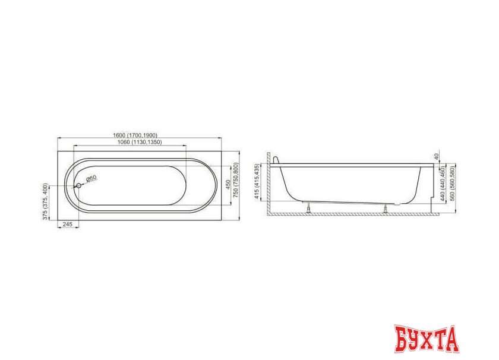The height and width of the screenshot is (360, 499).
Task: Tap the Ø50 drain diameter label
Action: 91,178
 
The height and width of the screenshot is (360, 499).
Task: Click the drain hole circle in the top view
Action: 78,185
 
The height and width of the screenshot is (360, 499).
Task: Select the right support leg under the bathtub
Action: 387,207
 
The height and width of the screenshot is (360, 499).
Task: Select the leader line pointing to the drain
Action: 83,182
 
